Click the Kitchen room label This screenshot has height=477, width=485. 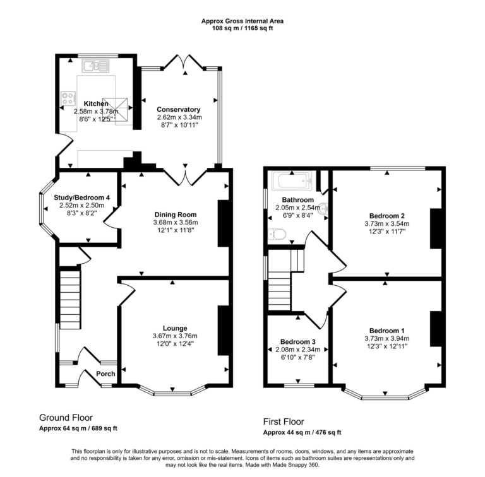(x=87, y=103)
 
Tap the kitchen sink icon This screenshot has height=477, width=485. (x=95, y=64)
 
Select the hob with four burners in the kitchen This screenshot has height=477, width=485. (x=68, y=99)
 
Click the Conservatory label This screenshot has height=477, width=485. (x=179, y=109)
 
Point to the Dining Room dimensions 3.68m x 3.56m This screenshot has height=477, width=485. (x=175, y=223)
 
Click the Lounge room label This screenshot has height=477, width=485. (x=174, y=328)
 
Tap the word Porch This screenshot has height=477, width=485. (x=105, y=374)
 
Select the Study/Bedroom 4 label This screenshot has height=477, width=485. (x=85, y=197)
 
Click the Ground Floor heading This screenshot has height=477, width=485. (x=66, y=418)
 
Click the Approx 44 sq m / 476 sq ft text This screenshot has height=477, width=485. (x=302, y=433)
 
